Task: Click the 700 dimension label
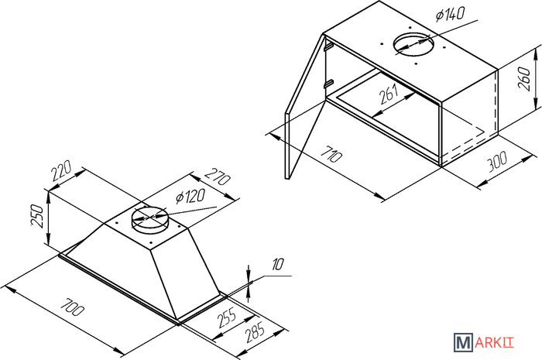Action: [x=72, y=306]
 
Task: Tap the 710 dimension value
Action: [x=331, y=153]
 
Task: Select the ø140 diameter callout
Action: [x=450, y=15]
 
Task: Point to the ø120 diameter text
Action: [x=190, y=197]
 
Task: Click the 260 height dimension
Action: [x=524, y=80]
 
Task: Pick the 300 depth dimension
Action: [x=497, y=162]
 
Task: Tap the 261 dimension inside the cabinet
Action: [x=389, y=94]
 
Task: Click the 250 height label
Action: [x=38, y=216]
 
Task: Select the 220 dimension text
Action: [x=61, y=170]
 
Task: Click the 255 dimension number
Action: [x=227, y=318]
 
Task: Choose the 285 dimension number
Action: [x=255, y=331]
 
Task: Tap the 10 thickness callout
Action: [x=277, y=264]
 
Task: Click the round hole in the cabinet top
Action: [x=413, y=45]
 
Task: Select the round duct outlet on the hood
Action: [x=149, y=219]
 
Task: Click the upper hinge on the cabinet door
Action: [x=328, y=46]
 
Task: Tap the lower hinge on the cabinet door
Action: [x=328, y=84]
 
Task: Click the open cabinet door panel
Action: [x=305, y=107]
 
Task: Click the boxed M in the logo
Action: [x=463, y=342]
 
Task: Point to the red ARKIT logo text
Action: [x=494, y=343]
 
